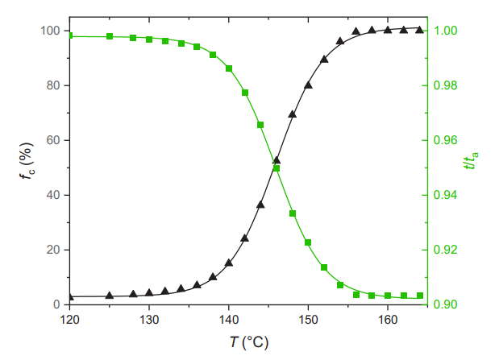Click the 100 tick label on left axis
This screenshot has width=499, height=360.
tap(50, 31)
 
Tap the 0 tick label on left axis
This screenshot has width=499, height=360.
tap(57, 304)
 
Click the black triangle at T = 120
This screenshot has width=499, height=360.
tap(70, 297)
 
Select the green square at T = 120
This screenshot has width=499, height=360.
tap(70, 35)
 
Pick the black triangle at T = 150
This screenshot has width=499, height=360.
tap(308, 85)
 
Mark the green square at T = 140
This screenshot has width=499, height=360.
tap(229, 68)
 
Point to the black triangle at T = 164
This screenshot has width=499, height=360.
tap(419, 30)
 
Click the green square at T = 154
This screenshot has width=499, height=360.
tap(340, 284)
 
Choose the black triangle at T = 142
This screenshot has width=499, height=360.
tap(244, 238)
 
